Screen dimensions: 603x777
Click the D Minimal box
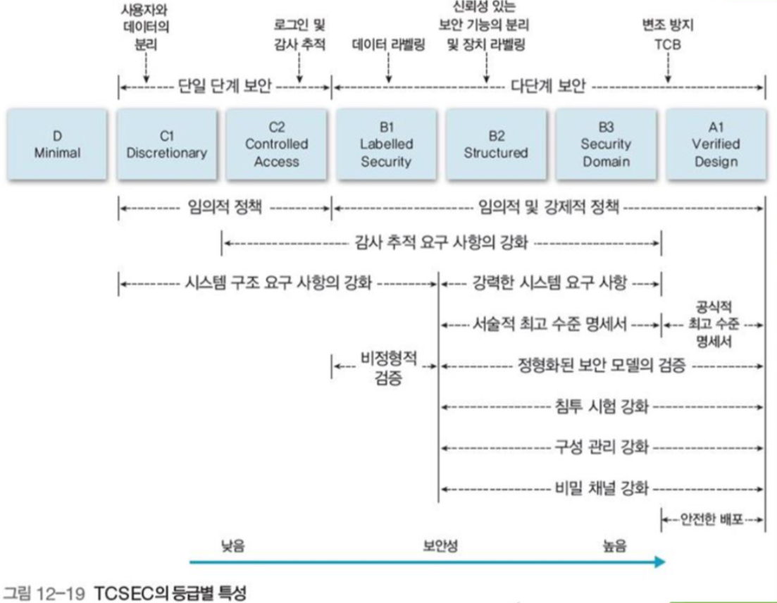(x=57, y=144)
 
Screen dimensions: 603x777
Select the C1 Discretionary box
(x=167, y=144)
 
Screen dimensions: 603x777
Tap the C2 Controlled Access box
(x=276, y=144)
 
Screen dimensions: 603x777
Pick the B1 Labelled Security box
(x=386, y=144)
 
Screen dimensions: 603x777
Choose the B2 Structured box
(x=496, y=144)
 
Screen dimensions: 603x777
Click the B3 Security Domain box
(x=606, y=144)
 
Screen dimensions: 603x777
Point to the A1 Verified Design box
(x=715, y=144)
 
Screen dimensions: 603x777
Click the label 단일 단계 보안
(x=223, y=88)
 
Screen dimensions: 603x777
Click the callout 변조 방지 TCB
(x=668, y=35)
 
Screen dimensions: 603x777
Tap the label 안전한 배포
(x=711, y=521)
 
